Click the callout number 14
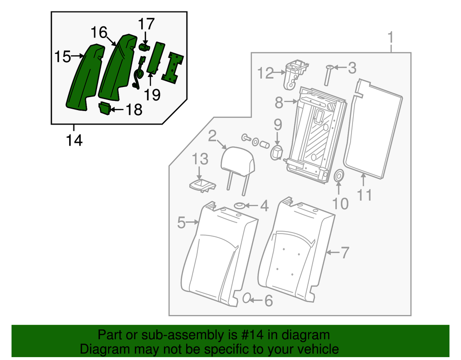point(74,140)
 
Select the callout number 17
point(147,23)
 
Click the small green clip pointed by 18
point(104,109)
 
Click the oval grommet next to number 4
point(239,207)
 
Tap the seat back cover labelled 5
point(216,255)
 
